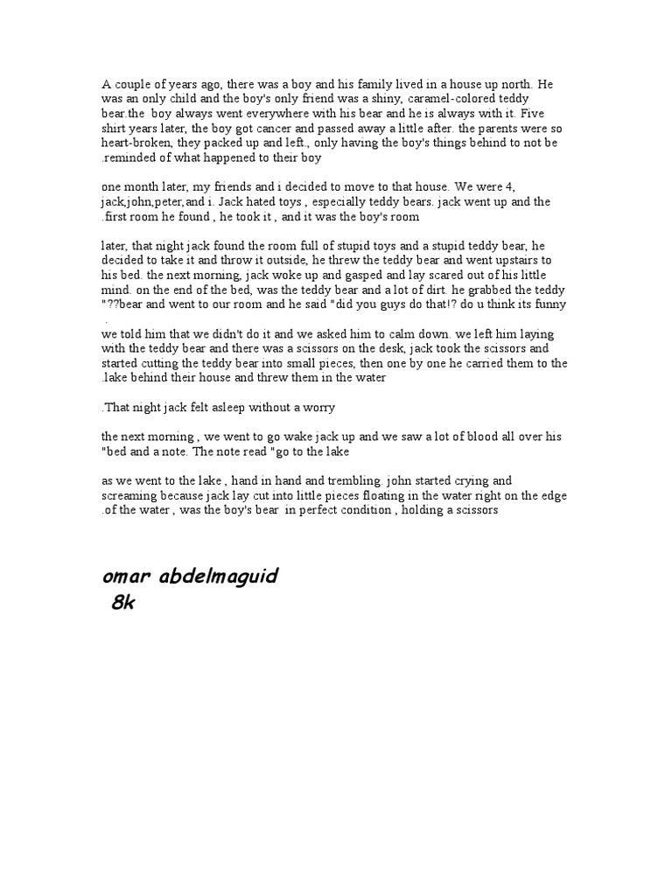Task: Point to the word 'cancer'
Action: tap(237, 129)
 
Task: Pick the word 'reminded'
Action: tap(133, 158)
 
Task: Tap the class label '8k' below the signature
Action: tap(123, 605)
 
